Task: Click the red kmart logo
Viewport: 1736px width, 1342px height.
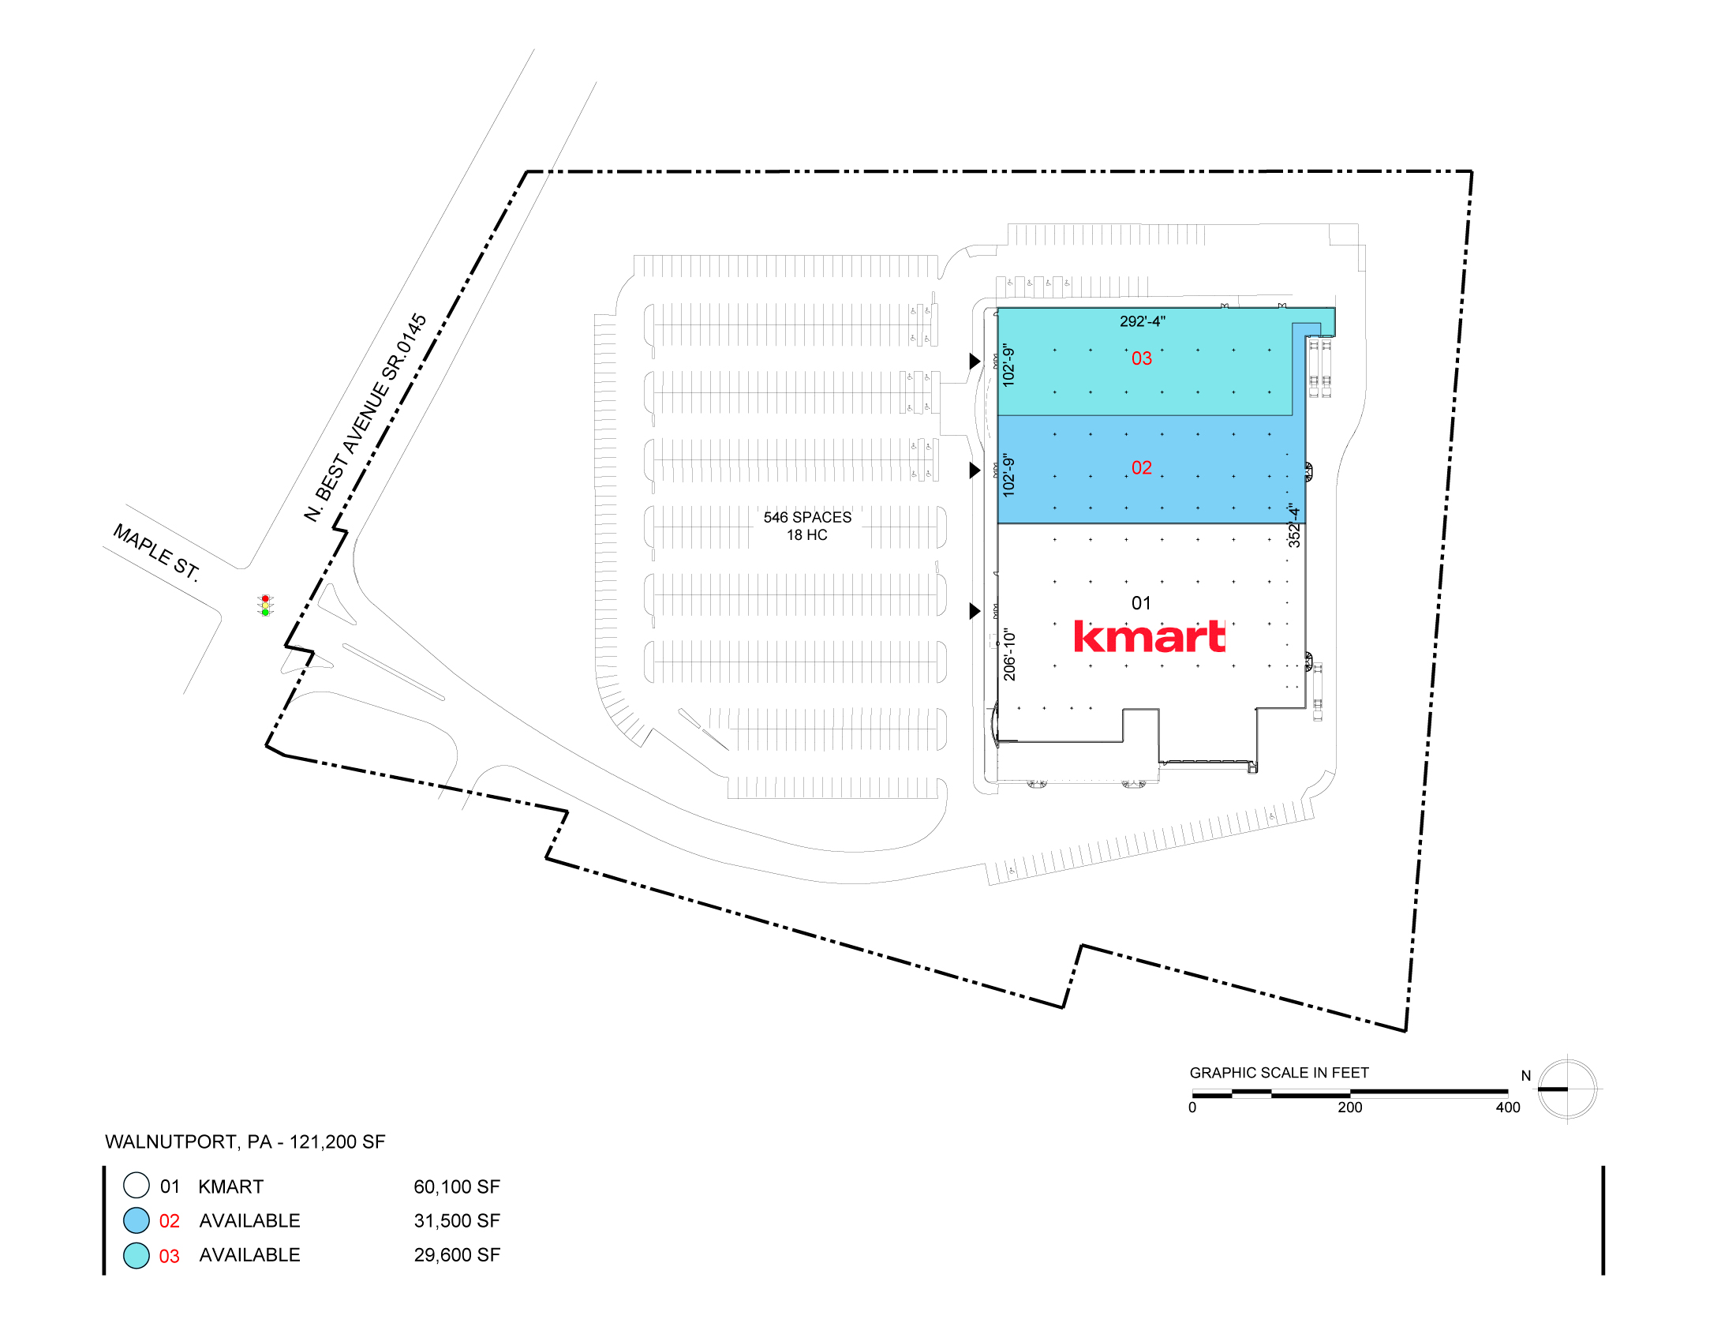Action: click(x=1150, y=636)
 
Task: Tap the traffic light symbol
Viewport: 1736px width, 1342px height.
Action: click(x=265, y=605)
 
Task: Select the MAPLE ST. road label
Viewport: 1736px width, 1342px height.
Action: click(x=156, y=552)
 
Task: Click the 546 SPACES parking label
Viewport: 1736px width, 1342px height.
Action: click(x=806, y=517)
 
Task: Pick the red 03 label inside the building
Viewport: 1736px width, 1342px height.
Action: click(x=1142, y=358)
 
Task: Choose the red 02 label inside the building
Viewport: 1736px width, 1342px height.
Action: click(x=1142, y=467)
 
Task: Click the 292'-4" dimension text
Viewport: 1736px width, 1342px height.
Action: click(x=1143, y=321)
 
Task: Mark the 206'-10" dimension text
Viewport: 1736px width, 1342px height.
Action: click(x=1009, y=654)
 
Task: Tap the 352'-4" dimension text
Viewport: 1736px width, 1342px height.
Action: click(x=1294, y=525)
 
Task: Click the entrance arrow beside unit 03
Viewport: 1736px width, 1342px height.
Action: click(x=975, y=361)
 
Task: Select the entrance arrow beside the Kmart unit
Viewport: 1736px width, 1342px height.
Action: click(x=975, y=610)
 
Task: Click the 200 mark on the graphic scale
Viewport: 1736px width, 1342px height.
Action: click(x=1349, y=1108)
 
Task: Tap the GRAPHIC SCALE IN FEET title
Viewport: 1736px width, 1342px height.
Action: click(x=1279, y=1073)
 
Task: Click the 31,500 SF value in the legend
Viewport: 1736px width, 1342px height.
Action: click(x=457, y=1220)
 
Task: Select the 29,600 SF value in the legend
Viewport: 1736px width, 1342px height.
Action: click(x=457, y=1254)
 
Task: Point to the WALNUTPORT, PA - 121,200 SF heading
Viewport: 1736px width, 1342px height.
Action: click(x=245, y=1141)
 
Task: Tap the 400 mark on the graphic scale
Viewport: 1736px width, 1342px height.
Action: click(x=1508, y=1108)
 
